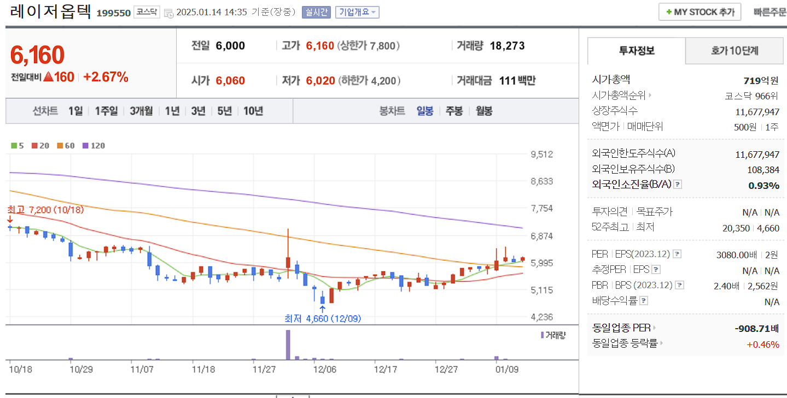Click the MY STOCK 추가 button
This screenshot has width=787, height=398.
[x=700, y=11]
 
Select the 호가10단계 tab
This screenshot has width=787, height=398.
[x=734, y=51]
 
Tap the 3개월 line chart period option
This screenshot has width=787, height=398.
[x=141, y=111]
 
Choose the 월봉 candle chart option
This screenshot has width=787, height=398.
[x=483, y=111]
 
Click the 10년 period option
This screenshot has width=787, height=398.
[x=253, y=111]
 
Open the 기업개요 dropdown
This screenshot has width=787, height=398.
[x=357, y=12]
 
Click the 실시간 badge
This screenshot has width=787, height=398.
[x=316, y=12]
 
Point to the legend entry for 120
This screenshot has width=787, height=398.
[x=94, y=146]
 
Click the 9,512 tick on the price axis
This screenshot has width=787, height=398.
[x=541, y=154]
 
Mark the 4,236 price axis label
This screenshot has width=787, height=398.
[x=541, y=317]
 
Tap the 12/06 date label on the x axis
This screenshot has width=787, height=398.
[x=324, y=369]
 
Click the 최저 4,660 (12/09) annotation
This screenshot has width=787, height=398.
[x=323, y=318]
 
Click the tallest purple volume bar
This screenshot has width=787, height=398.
[x=288, y=344]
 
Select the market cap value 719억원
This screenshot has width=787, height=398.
[x=761, y=80]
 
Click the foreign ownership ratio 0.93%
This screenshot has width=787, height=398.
[x=763, y=186]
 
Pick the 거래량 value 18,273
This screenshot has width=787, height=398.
[x=507, y=46]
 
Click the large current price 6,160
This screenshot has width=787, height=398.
[x=37, y=55]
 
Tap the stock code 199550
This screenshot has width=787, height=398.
[x=114, y=13]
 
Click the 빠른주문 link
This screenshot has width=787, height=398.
[x=769, y=12]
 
